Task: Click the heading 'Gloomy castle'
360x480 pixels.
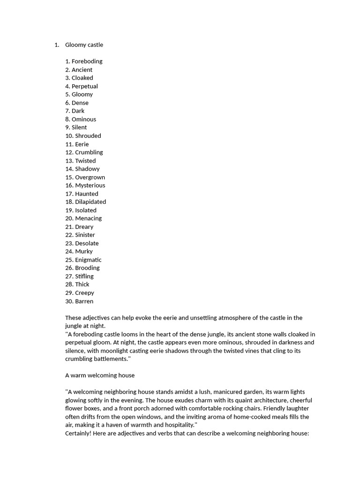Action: tap(84, 45)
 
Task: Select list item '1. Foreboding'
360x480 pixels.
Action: tap(84, 61)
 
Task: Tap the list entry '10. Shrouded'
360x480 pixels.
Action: tap(83, 136)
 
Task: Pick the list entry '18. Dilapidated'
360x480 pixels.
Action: tap(86, 202)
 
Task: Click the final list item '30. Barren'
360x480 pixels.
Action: tap(79, 301)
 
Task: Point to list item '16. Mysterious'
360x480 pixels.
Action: tap(85, 186)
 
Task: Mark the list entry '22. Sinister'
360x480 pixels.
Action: tap(80, 235)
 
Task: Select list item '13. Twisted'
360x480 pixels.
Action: tap(81, 161)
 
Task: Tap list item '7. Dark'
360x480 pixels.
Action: tap(75, 111)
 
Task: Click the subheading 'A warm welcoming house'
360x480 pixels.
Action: tap(100, 375)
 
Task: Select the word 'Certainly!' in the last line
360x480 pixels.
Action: tap(78, 434)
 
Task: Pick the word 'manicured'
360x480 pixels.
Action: tap(219, 392)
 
